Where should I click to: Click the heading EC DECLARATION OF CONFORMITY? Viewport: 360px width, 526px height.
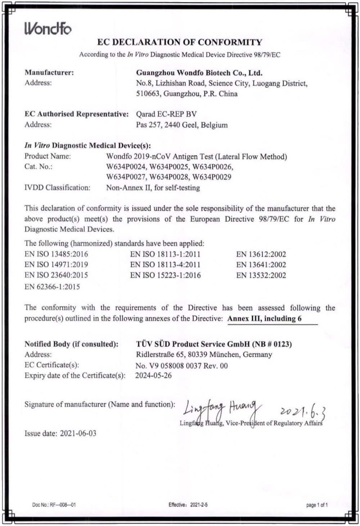point(180,42)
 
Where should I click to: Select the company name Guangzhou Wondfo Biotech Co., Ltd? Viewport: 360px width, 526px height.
point(199,73)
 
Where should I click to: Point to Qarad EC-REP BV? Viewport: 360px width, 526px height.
point(166,114)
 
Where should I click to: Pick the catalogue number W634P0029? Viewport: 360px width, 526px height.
point(212,177)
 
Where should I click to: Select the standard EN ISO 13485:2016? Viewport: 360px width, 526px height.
point(56,254)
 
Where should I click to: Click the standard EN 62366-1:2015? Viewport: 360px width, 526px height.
point(52,287)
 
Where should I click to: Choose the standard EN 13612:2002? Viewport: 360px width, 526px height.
point(261,254)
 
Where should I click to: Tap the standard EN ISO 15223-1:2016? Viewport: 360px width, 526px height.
point(166,275)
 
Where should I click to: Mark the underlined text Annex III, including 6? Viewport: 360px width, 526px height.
point(265,318)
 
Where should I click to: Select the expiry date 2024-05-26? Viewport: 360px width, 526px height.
point(153,375)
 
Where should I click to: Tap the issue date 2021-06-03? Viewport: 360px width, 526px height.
point(78,433)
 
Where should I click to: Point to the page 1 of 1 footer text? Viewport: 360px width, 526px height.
point(317,505)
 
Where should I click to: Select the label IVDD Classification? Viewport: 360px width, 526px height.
point(57,188)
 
